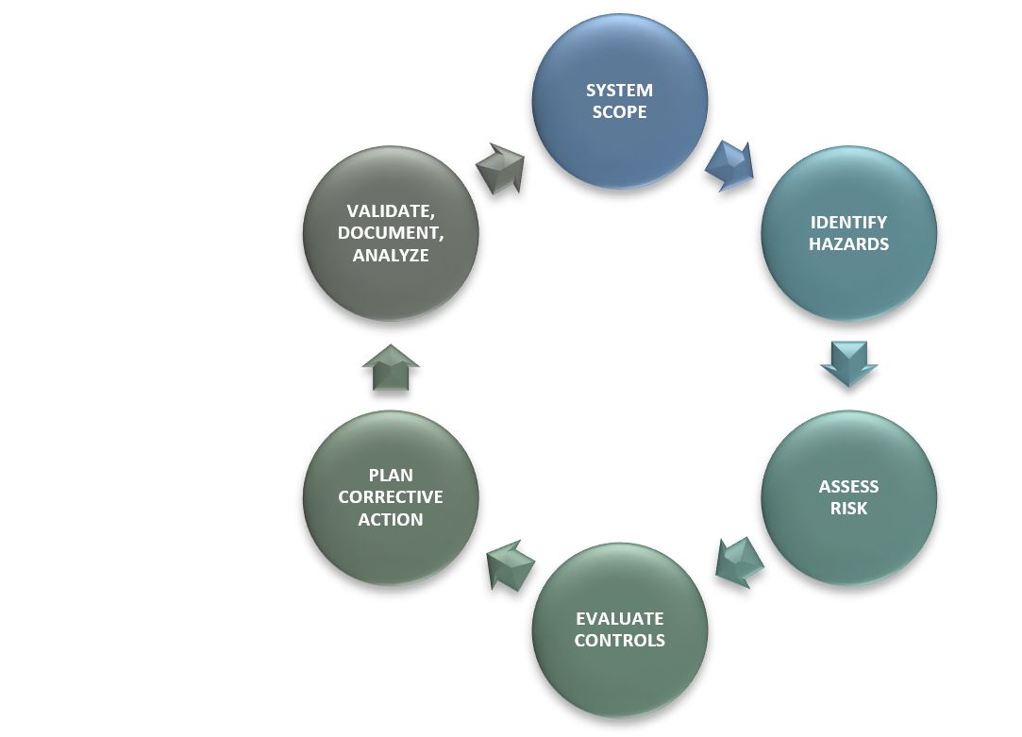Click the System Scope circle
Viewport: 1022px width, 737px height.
pyautogui.click(x=619, y=101)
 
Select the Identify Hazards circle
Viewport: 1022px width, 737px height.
pyautogui.click(x=848, y=233)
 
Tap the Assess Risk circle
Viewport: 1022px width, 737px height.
pyautogui.click(x=848, y=497)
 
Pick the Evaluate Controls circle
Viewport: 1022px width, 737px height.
pyautogui.click(x=620, y=629)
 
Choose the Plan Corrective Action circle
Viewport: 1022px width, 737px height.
pyautogui.click(x=391, y=497)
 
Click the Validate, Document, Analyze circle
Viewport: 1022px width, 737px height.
pyautogui.click(x=391, y=233)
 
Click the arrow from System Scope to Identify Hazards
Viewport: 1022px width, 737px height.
pyautogui.click(x=730, y=166)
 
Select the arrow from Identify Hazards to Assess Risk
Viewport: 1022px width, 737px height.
pyautogui.click(x=848, y=363)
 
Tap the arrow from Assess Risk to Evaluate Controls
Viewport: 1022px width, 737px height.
pyautogui.click(x=739, y=562)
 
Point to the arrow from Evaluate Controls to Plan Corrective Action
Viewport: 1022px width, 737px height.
pyautogui.click(x=510, y=565)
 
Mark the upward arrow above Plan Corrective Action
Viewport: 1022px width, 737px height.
pyautogui.click(x=391, y=367)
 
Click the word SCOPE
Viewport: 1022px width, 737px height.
pyautogui.click(x=619, y=112)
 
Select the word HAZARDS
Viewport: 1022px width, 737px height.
pyautogui.click(x=849, y=244)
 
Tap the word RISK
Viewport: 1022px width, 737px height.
pyautogui.click(x=849, y=509)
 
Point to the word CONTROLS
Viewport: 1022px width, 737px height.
pyautogui.click(x=620, y=641)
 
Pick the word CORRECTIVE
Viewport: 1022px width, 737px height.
pyautogui.click(x=391, y=497)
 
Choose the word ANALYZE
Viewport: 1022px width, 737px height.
pyautogui.click(x=391, y=255)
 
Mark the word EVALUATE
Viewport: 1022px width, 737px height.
pyautogui.click(x=620, y=619)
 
